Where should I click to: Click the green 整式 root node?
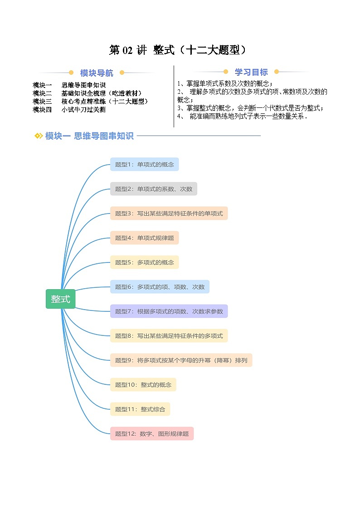point(60,299)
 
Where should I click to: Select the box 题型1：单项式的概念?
point(144,165)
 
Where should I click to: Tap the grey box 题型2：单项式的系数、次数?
point(153,189)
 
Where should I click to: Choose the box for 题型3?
point(169,213)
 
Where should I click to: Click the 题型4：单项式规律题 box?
point(144,238)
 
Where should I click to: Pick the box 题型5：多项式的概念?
point(144,262)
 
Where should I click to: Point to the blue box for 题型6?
point(160,287)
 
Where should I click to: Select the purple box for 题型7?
point(169,311)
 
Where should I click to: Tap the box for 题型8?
point(169,336)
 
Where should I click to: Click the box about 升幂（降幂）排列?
point(181,360)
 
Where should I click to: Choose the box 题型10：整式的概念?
point(143,385)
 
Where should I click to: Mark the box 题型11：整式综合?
point(140,409)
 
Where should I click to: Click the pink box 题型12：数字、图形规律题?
point(151,434)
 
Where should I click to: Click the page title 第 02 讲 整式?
point(180,50)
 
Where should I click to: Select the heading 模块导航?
point(97,73)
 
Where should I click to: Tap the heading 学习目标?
point(251,72)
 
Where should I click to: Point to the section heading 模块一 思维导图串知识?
point(89,136)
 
